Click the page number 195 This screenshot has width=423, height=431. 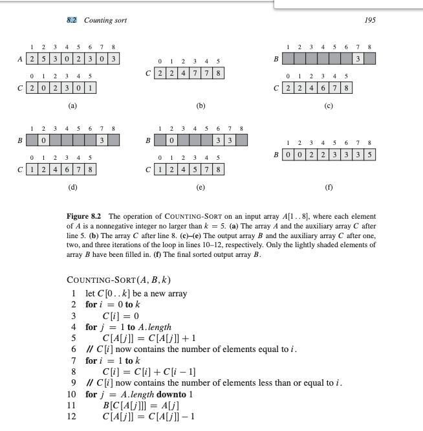point(369,20)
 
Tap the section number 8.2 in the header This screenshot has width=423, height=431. point(72,20)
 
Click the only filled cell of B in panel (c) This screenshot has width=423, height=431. point(358,59)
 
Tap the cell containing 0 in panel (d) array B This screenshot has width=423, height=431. point(43,139)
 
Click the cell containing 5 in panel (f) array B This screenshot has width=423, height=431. point(368,155)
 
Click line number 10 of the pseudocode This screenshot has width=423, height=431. point(72,394)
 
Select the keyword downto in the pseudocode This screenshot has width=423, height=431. point(166,394)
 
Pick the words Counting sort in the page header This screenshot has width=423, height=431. point(105,20)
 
